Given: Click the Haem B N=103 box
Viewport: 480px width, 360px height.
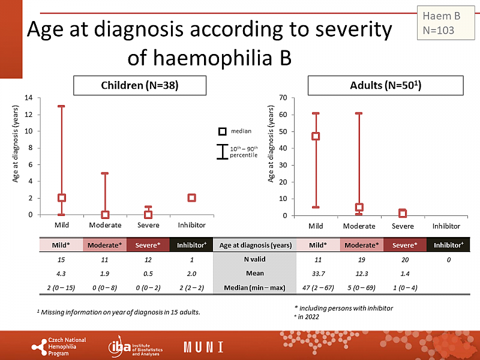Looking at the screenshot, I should (x=445, y=23).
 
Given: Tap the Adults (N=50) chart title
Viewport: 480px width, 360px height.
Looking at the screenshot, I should (x=386, y=86).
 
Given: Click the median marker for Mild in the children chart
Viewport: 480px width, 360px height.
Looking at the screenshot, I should (x=61, y=198).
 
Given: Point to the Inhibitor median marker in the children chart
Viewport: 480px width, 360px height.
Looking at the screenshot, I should (x=191, y=198).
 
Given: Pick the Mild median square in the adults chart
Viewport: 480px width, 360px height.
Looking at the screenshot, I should (x=316, y=136).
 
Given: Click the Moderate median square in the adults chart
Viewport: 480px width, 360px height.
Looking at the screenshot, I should (x=359, y=207).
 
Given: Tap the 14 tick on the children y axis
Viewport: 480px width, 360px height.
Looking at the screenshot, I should (x=28, y=98).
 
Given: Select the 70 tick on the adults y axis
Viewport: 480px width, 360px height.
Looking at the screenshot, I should (x=281, y=98).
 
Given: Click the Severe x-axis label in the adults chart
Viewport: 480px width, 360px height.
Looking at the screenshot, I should (x=403, y=226).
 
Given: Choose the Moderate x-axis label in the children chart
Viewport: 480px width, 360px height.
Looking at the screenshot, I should (x=105, y=225).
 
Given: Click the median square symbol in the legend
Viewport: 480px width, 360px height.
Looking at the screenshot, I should (x=221, y=131).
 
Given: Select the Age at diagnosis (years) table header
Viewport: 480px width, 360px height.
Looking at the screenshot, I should (x=256, y=245).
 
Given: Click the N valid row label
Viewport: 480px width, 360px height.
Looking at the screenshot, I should (x=256, y=259).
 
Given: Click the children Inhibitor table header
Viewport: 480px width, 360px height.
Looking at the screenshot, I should (x=191, y=245).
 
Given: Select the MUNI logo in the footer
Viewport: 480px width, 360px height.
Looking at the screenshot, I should (x=203, y=347).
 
